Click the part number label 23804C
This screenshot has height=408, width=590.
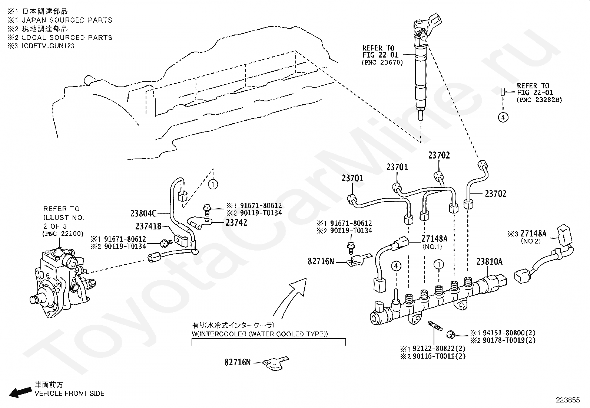[143, 213]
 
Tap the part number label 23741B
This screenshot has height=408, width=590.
[148, 226]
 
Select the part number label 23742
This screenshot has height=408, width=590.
[236, 223]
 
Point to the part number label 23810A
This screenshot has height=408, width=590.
[490, 261]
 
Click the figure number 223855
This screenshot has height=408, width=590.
[568, 400]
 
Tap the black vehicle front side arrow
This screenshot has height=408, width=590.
[20, 392]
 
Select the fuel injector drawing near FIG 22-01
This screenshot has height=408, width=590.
[424, 69]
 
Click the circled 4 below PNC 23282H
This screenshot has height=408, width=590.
[503, 117]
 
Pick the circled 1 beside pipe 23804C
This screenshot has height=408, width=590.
[213, 184]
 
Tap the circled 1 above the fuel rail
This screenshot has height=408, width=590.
[439, 264]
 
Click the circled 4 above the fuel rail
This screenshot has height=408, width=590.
[396, 266]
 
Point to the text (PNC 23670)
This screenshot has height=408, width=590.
[382, 62]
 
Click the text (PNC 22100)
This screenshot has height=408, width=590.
[63, 234]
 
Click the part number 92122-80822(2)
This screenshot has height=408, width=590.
[439, 349]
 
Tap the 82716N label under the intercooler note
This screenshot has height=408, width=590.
[238, 362]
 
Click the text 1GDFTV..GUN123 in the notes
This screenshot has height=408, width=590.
[48, 46]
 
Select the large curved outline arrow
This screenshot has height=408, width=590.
[290, 297]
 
